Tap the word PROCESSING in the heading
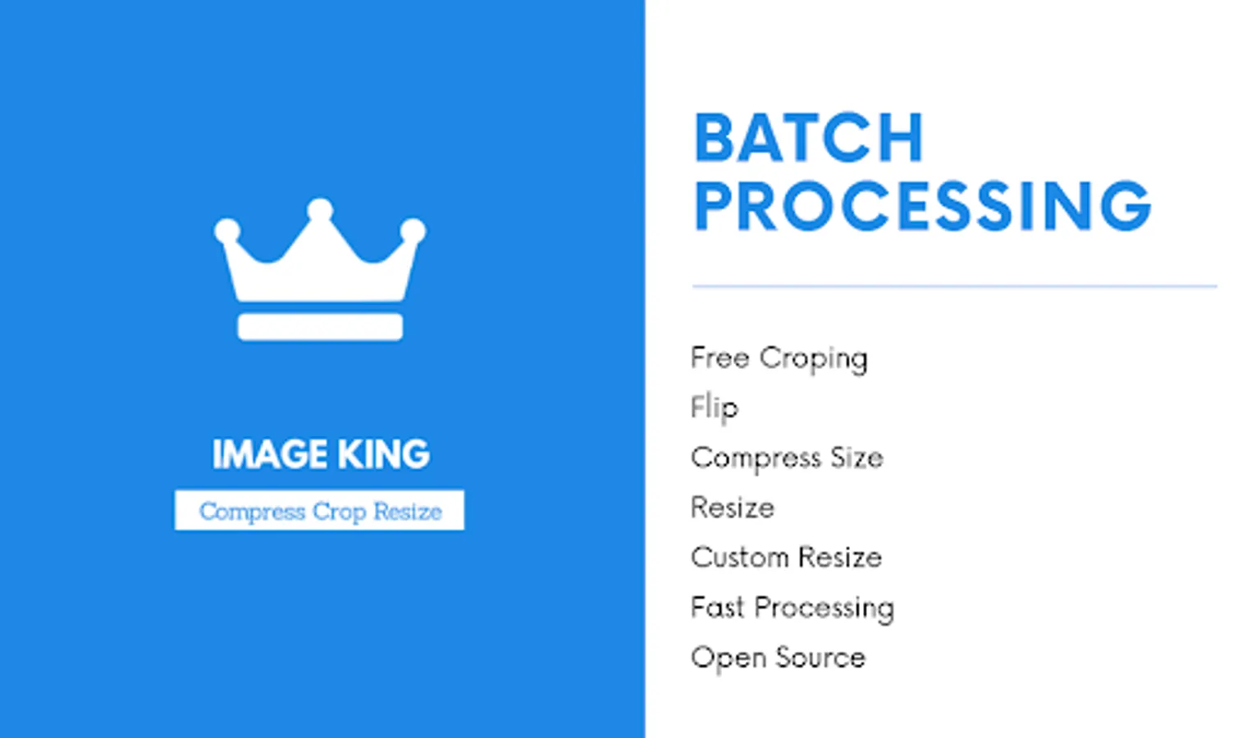(922, 206)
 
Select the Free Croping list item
(779, 358)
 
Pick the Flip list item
(714, 408)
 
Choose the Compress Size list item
(786, 458)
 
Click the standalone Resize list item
(732, 508)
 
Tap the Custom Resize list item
(786, 558)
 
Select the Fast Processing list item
(792, 608)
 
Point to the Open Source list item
(778, 658)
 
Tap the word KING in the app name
(383, 454)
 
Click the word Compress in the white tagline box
(252, 511)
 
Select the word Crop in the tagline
(339, 511)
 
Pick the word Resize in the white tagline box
(408, 511)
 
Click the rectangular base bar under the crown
(320, 326)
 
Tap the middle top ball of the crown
(320, 210)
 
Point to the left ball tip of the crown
(227, 230)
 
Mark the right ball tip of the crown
(413, 230)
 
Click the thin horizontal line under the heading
(954, 286)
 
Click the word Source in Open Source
(820, 658)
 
